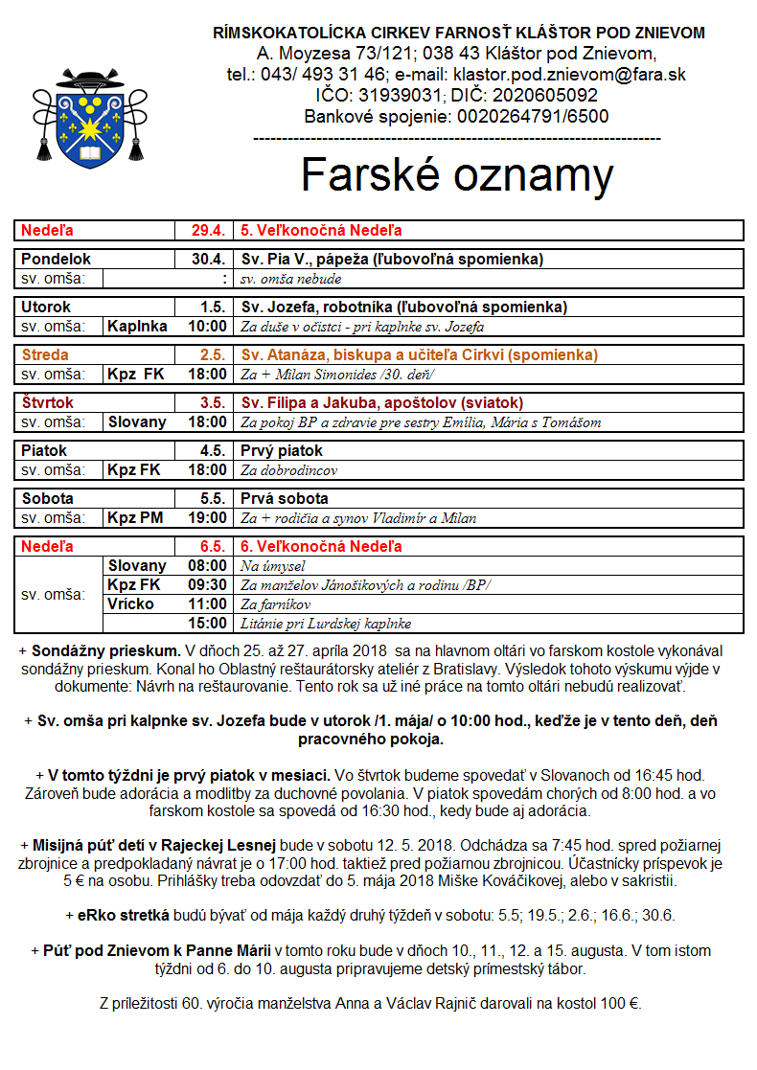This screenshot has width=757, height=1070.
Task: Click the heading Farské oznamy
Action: (457, 175)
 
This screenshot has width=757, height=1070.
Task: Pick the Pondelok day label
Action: (57, 259)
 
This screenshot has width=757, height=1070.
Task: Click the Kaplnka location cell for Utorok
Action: (138, 326)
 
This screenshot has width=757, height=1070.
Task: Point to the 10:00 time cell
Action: (207, 326)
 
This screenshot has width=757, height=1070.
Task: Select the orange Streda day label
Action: (46, 354)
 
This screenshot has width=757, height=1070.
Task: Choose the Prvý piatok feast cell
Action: (282, 450)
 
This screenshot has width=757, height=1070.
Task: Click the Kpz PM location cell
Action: (135, 517)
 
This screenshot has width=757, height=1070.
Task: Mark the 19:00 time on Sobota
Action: (207, 517)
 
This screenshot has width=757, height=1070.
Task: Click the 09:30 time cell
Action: (207, 584)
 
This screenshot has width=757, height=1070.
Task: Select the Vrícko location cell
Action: (131, 603)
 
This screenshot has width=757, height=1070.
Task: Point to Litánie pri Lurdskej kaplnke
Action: (326, 624)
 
